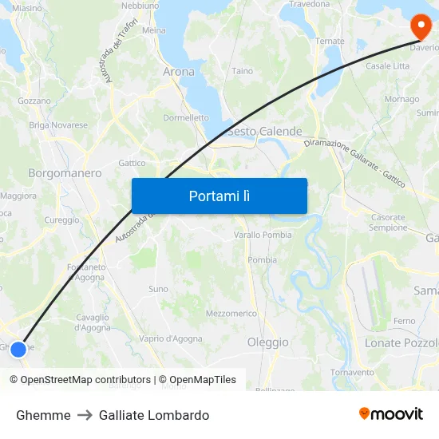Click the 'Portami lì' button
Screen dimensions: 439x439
[219, 196]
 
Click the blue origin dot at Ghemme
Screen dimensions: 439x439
[18, 349]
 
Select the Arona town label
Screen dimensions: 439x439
[178, 72]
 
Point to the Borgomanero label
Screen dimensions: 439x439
[65, 172]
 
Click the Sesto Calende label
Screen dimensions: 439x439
[264, 132]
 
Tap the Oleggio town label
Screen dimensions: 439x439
[267, 342]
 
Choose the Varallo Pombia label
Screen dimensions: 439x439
[263, 235]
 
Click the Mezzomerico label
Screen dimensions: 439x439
[231, 314]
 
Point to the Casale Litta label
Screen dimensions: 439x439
[387, 66]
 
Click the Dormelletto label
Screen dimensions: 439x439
[186, 117]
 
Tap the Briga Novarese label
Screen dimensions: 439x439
[58, 125]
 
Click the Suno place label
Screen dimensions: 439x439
[158, 289]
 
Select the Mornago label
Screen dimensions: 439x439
[401, 100]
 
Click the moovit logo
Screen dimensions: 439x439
[391, 414]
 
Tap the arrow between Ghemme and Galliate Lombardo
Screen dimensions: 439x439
[85, 415]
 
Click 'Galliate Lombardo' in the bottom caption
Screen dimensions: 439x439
[154, 415]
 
